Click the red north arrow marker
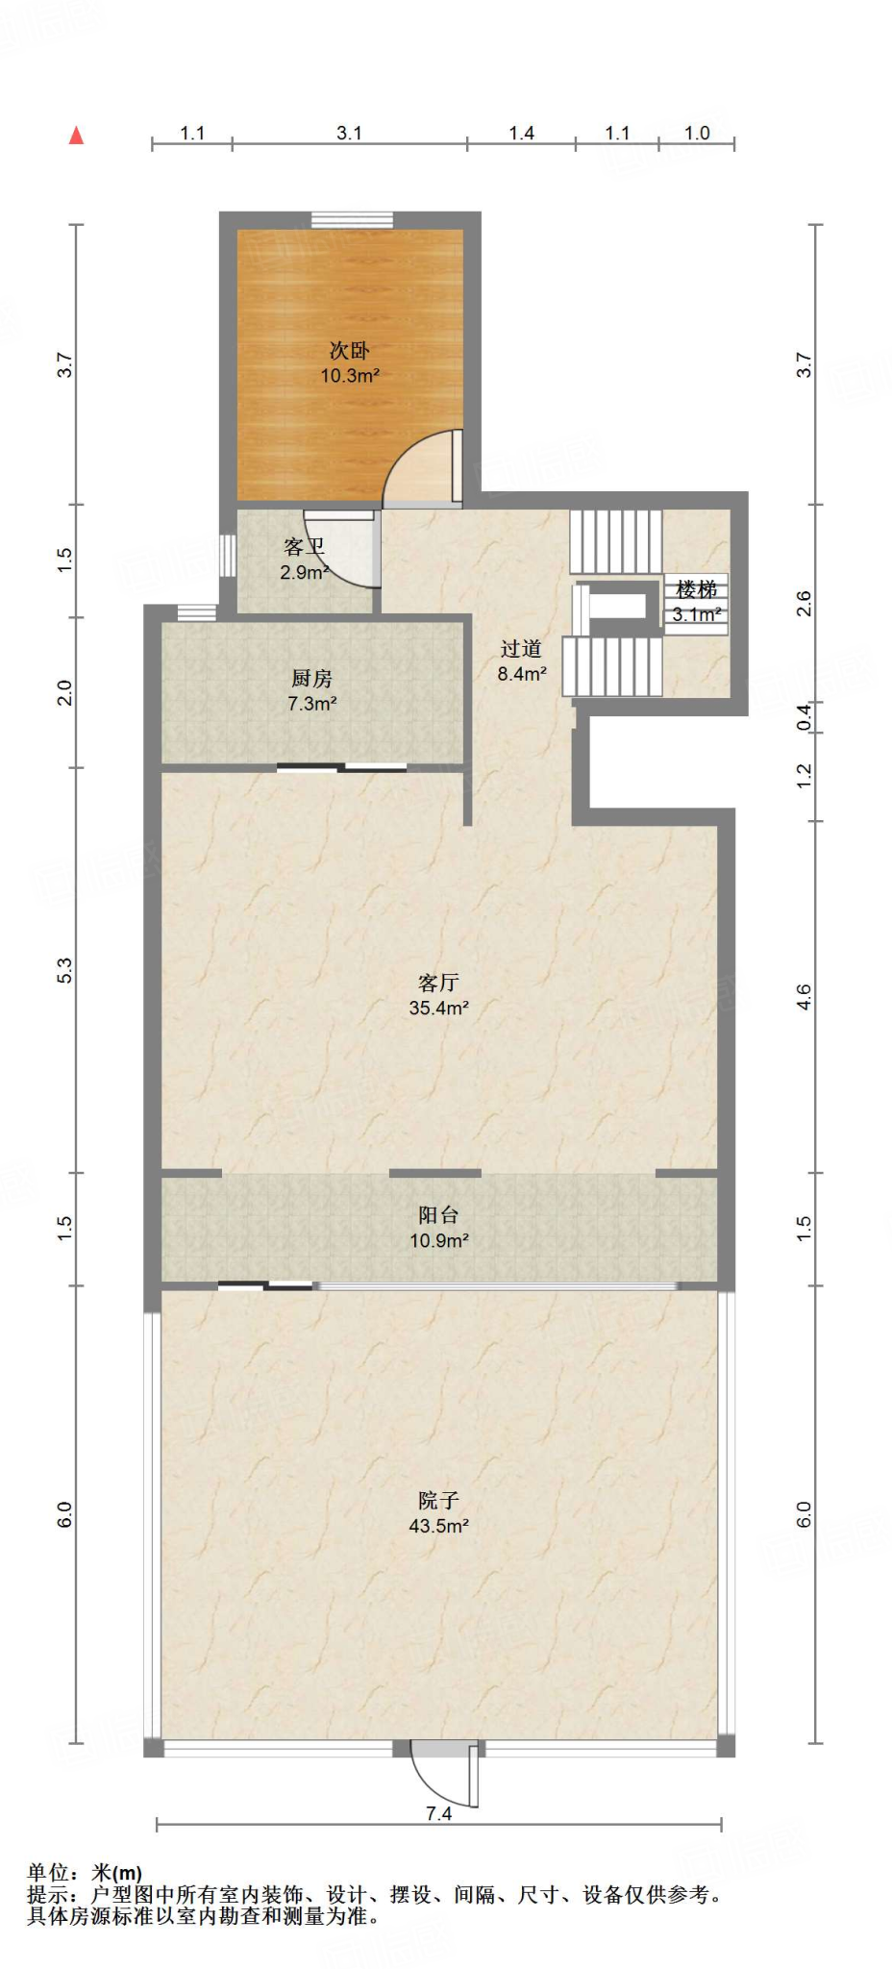(x=77, y=136)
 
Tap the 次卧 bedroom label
(x=350, y=351)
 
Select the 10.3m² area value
(x=350, y=376)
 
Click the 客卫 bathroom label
(x=304, y=547)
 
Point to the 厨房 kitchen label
(x=311, y=680)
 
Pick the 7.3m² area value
(x=311, y=704)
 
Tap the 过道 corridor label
(x=522, y=649)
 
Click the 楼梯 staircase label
(x=697, y=589)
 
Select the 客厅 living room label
(x=438, y=983)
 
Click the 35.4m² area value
(x=438, y=1008)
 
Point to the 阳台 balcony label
(x=438, y=1215)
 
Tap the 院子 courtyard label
(x=438, y=1500)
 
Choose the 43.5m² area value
(x=438, y=1525)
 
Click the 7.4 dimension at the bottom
(x=438, y=1813)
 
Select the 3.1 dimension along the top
(x=349, y=133)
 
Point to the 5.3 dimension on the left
(x=64, y=970)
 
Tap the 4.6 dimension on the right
(x=805, y=997)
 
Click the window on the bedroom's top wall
(x=352, y=220)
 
